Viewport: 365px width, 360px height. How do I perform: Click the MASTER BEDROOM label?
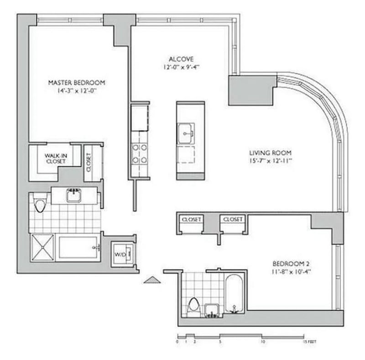coord(77,83)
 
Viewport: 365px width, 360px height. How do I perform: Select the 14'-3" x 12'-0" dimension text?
coord(77,91)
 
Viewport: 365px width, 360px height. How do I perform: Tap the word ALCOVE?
coord(181,59)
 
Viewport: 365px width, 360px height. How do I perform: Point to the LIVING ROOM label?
coord(270,153)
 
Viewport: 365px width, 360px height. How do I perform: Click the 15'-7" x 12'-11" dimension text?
coord(270,161)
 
